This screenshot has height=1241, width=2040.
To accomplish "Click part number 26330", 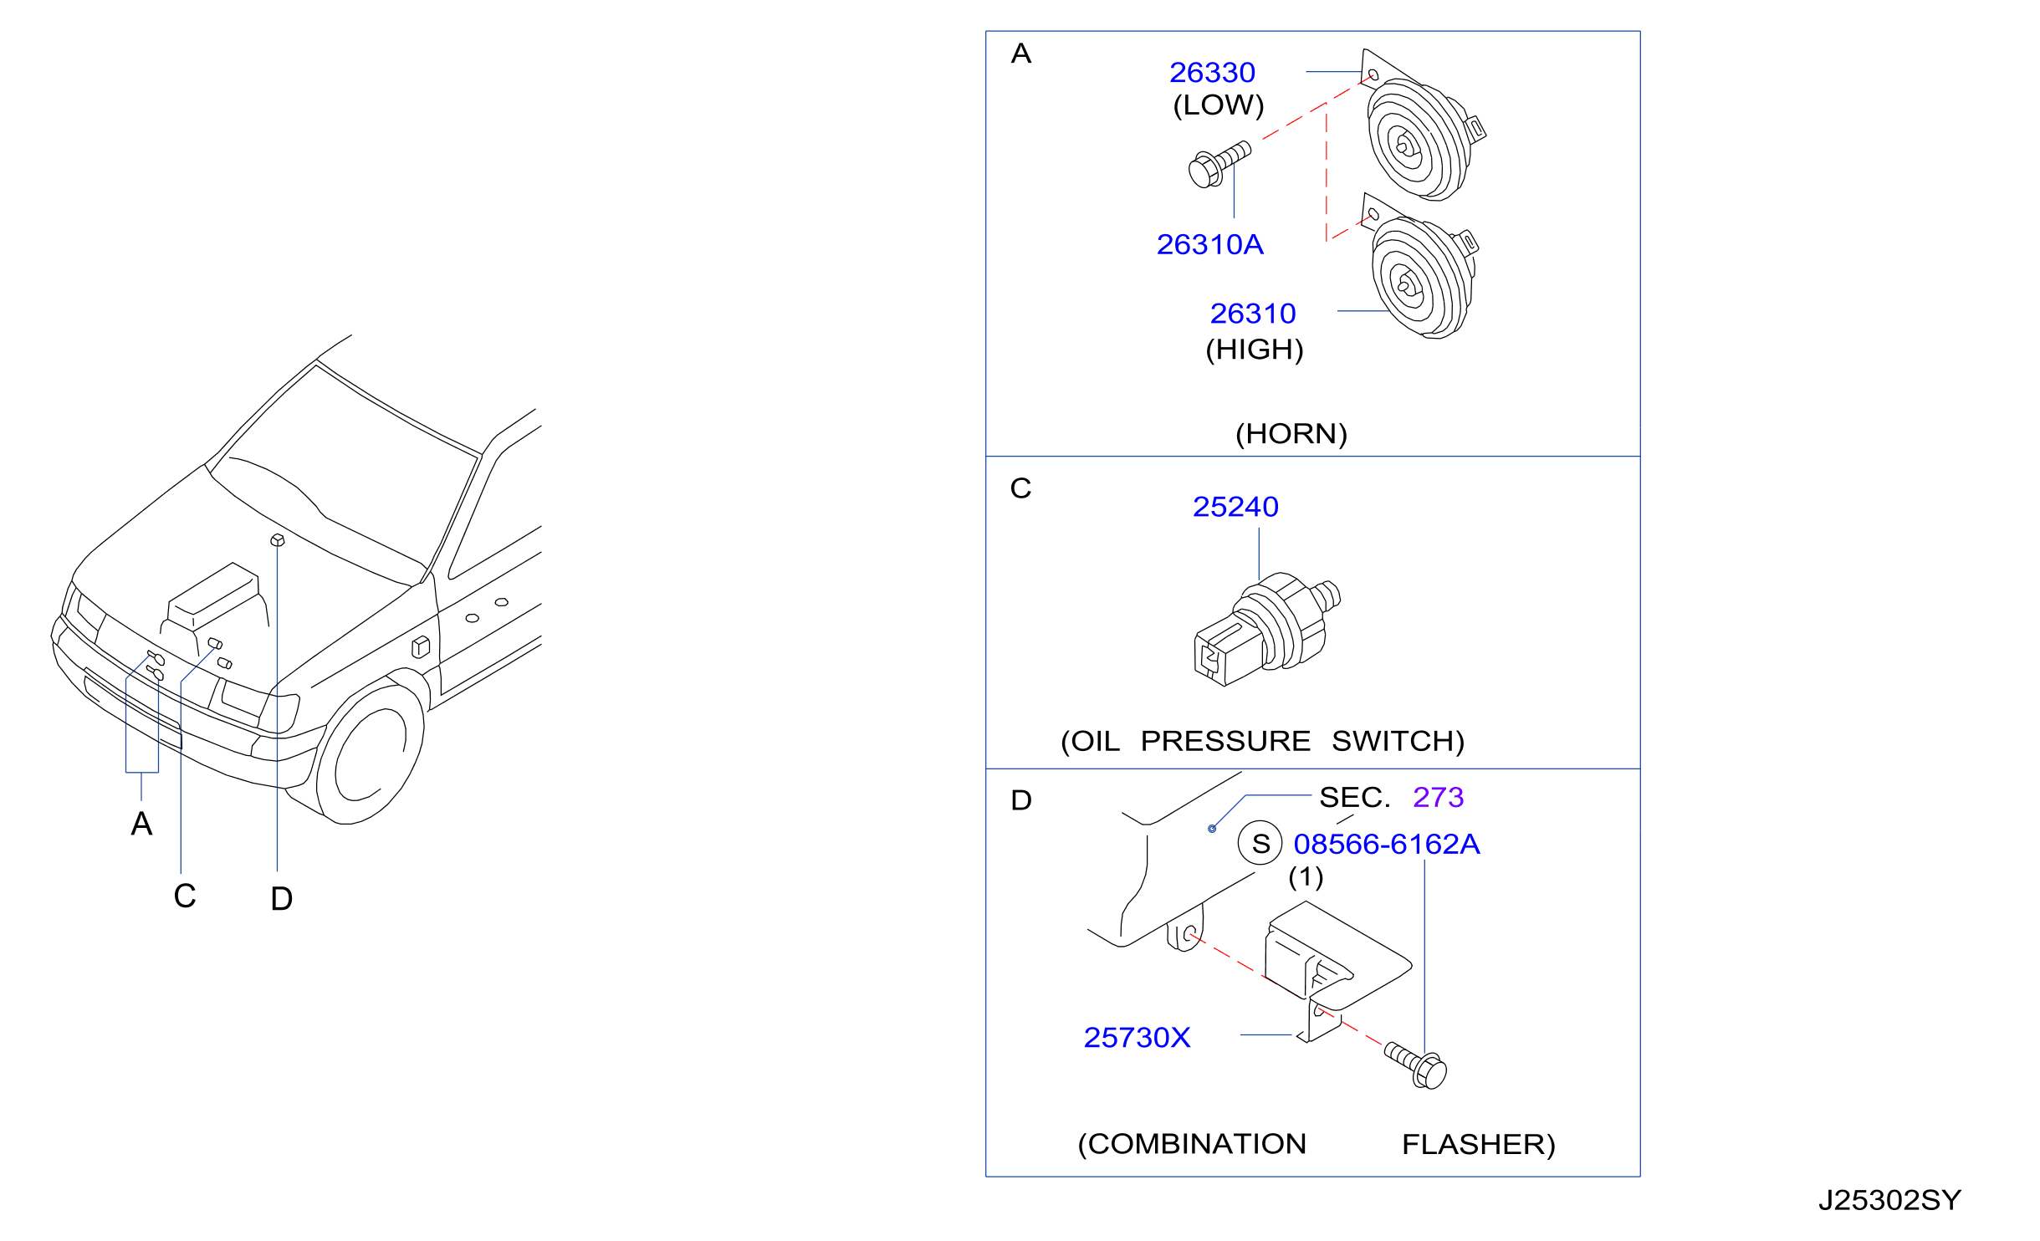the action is (x=1212, y=73).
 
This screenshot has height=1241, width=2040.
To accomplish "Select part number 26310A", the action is (x=1209, y=244).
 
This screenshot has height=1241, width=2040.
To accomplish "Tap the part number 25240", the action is (x=1235, y=507).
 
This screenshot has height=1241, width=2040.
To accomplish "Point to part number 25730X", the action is (x=1137, y=1038).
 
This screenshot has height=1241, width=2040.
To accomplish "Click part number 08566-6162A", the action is (x=1387, y=844).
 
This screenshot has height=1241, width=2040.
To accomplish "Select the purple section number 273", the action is (x=1439, y=797).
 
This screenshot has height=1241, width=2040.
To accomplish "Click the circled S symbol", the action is (x=1260, y=843).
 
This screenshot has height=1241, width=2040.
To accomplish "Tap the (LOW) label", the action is (x=1219, y=105).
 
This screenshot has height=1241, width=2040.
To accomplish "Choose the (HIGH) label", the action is (x=1255, y=350).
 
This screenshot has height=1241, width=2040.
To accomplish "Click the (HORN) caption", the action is (x=1291, y=434).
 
